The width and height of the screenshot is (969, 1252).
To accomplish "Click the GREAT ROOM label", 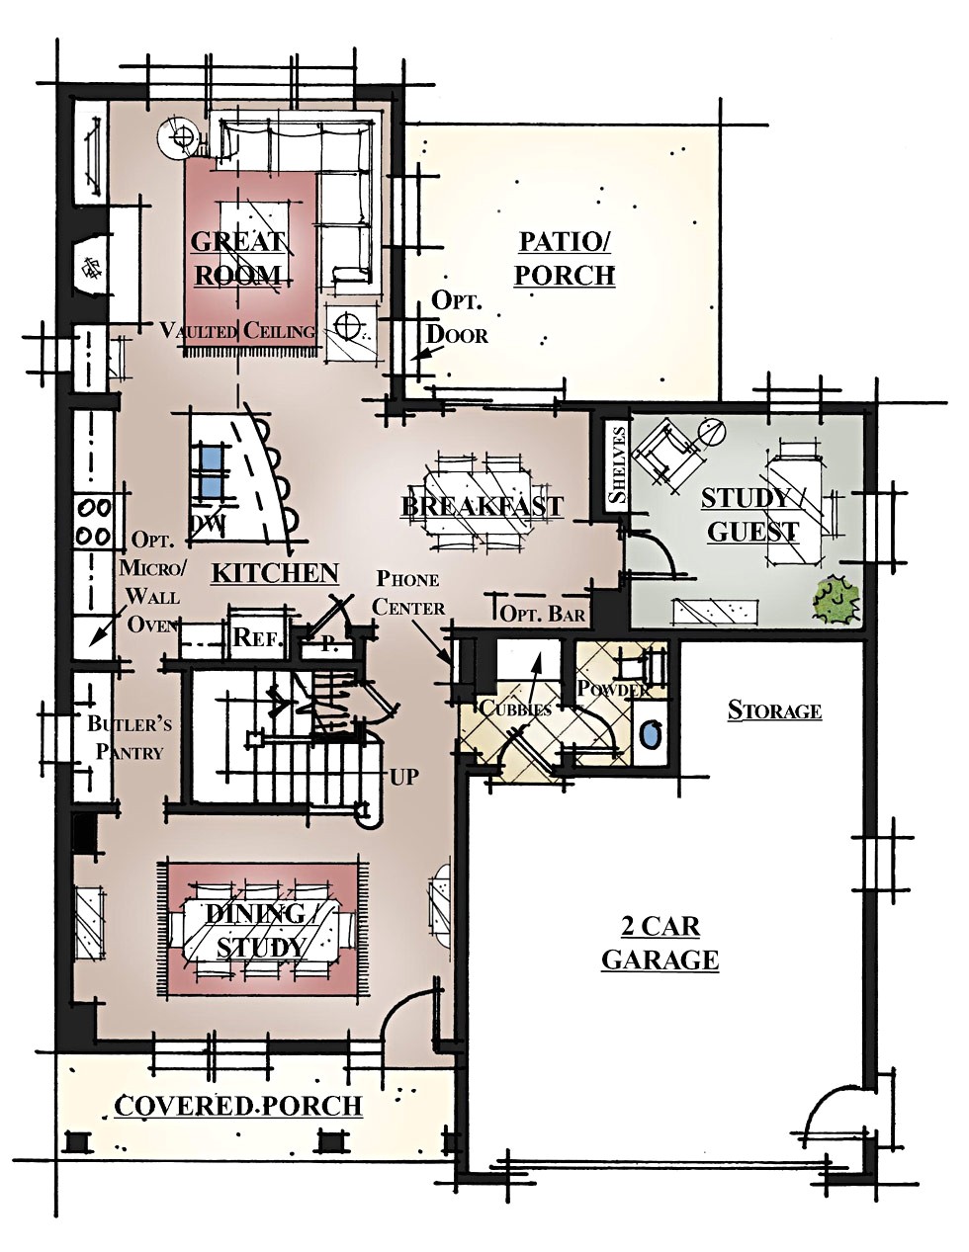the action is [x=237, y=258].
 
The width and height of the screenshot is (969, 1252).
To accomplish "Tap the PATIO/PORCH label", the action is [x=565, y=258].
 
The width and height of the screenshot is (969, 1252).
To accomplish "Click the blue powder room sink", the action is [x=651, y=736].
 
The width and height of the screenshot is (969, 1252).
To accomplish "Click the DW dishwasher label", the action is [x=208, y=524].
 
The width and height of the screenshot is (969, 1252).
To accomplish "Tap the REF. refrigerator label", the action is [x=257, y=637].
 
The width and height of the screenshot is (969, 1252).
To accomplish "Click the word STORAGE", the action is [x=774, y=710].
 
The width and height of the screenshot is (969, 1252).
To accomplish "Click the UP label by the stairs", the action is [x=403, y=778].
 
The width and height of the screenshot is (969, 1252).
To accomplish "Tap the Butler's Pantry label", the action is [x=130, y=738].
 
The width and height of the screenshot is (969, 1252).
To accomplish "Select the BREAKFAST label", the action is [x=482, y=507].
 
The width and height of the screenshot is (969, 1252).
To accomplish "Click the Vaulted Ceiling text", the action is [x=237, y=331].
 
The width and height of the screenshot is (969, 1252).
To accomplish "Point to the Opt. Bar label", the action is [x=542, y=613].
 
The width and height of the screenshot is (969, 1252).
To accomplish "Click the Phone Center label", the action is [x=408, y=594].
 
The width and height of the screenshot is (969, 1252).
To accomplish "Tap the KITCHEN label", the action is [x=276, y=573].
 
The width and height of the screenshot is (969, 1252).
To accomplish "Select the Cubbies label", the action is [x=515, y=709].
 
